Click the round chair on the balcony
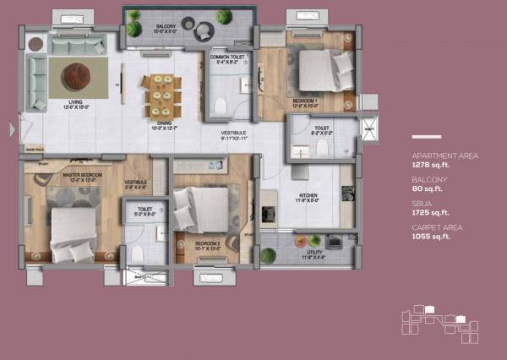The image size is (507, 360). [x=204, y=32]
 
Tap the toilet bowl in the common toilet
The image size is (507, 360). [x=220, y=106]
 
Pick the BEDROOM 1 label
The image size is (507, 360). [x=306, y=101]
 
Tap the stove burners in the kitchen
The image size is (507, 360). [x=347, y=194]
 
